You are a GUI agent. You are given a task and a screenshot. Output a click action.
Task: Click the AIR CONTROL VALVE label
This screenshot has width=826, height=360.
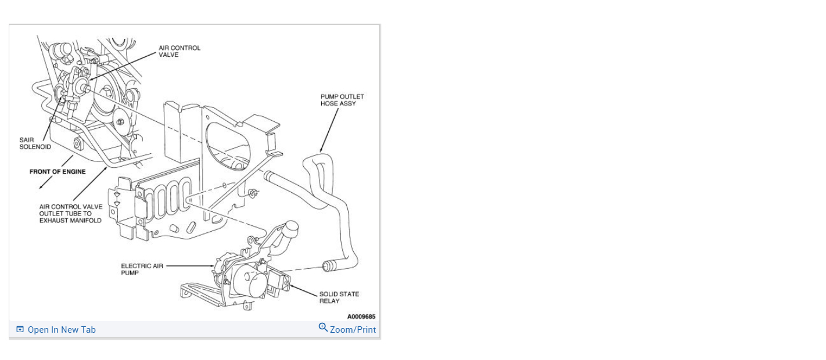(179, 51)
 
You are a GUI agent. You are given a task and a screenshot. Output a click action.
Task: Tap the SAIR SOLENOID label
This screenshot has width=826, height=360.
(35, 143)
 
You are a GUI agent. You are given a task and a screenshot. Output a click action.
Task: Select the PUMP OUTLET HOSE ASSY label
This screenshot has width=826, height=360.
(342, 100)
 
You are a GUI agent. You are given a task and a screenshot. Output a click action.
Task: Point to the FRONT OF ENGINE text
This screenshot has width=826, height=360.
(58, 171)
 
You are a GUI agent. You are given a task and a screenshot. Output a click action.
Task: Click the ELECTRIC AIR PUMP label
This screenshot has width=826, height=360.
(142, 269)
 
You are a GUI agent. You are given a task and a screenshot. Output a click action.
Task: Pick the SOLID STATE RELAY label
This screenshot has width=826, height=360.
(339, 297)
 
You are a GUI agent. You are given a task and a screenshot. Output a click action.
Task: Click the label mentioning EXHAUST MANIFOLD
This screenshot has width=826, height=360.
(70, 214)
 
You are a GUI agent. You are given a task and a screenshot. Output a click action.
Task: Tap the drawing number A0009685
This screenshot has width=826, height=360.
(361, 316)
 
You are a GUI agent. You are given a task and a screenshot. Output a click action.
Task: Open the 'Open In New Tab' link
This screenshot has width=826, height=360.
(62, 330)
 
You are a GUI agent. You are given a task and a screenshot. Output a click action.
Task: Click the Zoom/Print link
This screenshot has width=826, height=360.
(353, 330)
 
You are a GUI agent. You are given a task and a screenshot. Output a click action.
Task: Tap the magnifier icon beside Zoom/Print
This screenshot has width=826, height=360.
(323, 327)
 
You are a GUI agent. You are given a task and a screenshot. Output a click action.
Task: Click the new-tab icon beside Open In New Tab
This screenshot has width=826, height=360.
(20, 330)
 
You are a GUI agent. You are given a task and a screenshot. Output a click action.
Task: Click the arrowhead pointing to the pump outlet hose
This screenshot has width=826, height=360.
(321, 150)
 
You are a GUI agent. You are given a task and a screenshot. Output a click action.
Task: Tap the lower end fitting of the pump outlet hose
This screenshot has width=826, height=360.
(329, 267)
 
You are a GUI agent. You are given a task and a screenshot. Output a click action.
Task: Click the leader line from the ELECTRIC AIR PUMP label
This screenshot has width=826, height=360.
(189, 266)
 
